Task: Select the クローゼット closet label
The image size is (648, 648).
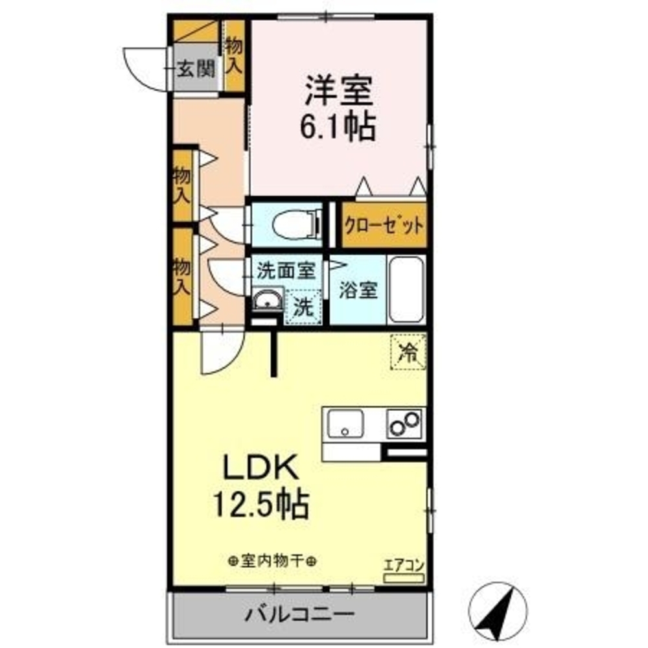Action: click(x=384, y=227)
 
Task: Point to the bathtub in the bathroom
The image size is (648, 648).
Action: click(x=406, y=290)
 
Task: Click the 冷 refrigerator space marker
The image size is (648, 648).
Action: click(x=408, y=353)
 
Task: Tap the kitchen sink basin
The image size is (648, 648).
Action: click(x=345, y=426)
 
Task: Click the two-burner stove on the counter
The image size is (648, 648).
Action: click(x=404, y=423)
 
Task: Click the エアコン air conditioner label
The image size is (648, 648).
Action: click(x=403, y=564)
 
